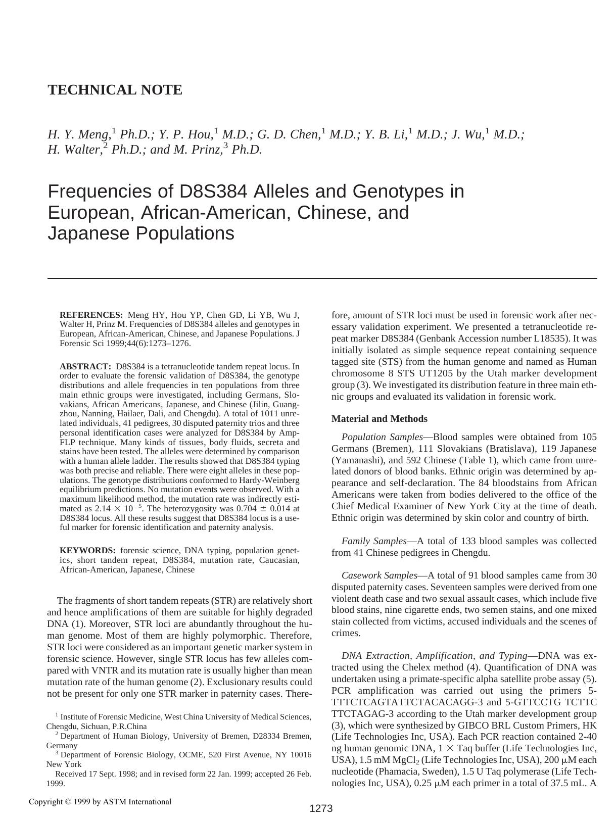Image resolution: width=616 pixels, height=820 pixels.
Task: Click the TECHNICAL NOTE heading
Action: tap(115, 90)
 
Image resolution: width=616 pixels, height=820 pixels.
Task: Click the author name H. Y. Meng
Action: tap(79, 134)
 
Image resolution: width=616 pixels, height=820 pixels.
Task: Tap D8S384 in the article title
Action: tap(213, 191)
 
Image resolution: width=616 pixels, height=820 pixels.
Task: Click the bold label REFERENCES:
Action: tap(91, 315)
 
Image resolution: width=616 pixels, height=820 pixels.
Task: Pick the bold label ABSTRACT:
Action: tap(85, 366)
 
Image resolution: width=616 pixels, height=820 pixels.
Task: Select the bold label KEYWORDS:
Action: tap(87, 550)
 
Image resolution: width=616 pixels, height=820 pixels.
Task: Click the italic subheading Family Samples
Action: tap(374, 541)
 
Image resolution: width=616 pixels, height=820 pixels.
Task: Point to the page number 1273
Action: tap(321, 808)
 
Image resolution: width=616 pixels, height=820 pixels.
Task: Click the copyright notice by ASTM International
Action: tap(100, 801)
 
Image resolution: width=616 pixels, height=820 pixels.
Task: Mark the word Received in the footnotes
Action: tap(71, 774)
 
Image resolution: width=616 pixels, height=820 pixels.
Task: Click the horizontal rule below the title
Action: tap(322, 278)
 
